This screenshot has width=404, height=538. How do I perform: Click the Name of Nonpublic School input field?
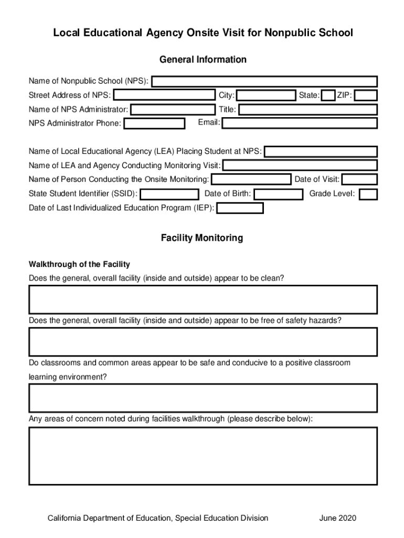coord(264,81)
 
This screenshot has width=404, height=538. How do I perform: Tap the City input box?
coord(266,95)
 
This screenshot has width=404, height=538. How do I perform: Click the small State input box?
coord(328,95)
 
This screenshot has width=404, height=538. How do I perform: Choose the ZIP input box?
coord(366,95)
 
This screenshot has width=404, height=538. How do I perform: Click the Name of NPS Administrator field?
coord(173,109)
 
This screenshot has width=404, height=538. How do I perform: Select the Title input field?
coord(308,109)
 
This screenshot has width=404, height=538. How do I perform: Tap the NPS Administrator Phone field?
coord(154,123)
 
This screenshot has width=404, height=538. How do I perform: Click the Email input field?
coord(300,123)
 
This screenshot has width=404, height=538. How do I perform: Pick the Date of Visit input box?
coord(359,180)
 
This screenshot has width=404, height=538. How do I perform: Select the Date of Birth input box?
coord(278,194)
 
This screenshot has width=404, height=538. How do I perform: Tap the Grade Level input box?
coord(368,194)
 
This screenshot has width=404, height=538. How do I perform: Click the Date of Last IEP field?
coord(240,208)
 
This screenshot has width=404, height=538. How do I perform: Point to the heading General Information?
coord(203,59)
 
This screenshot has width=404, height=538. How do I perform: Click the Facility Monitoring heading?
coord(202,238)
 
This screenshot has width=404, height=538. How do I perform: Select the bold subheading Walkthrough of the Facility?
coord(79,264)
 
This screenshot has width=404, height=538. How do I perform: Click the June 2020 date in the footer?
coord(337,518)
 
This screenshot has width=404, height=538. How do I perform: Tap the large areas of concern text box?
coord(203,456)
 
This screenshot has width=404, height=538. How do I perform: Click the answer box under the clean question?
coord(203,299)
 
